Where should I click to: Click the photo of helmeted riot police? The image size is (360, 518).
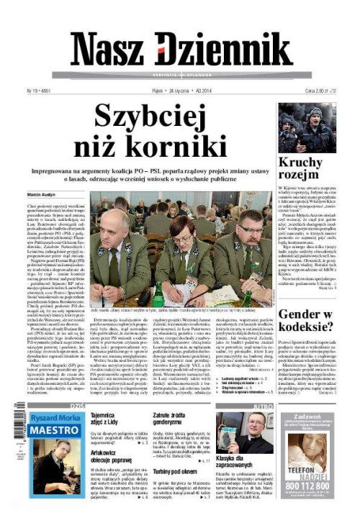click(x=307, y=127)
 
